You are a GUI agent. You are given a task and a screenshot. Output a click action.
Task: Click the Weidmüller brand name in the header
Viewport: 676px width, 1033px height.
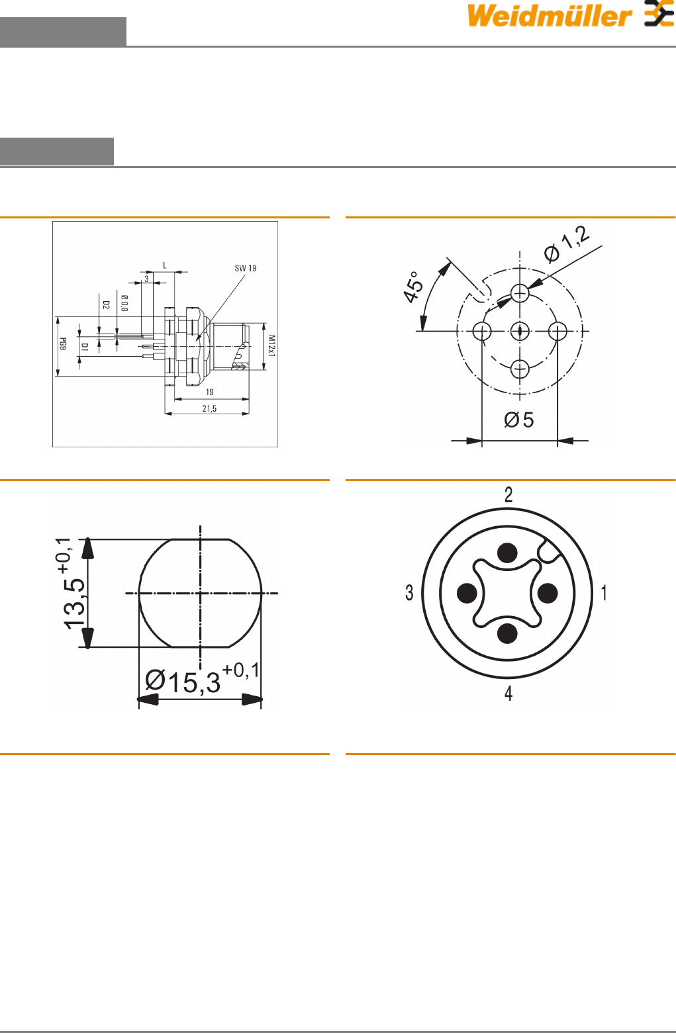[549, 15]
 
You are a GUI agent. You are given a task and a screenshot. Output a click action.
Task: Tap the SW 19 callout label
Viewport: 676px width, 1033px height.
[246, 269]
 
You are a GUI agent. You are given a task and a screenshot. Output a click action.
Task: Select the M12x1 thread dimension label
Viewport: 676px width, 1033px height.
[271, 346]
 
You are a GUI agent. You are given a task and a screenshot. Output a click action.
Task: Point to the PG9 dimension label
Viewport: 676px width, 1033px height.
[63, 344]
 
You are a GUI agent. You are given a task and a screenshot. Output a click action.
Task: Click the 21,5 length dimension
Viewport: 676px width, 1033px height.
[209, 408]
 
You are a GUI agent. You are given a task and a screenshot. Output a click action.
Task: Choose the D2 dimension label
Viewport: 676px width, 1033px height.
[106, 305]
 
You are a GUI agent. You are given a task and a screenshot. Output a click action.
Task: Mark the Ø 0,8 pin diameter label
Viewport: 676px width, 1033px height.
[124, 304]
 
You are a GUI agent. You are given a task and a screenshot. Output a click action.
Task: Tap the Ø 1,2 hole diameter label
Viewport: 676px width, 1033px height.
[567, 244]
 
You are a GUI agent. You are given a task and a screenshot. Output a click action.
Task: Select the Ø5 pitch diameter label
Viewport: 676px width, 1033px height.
[519, 420]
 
